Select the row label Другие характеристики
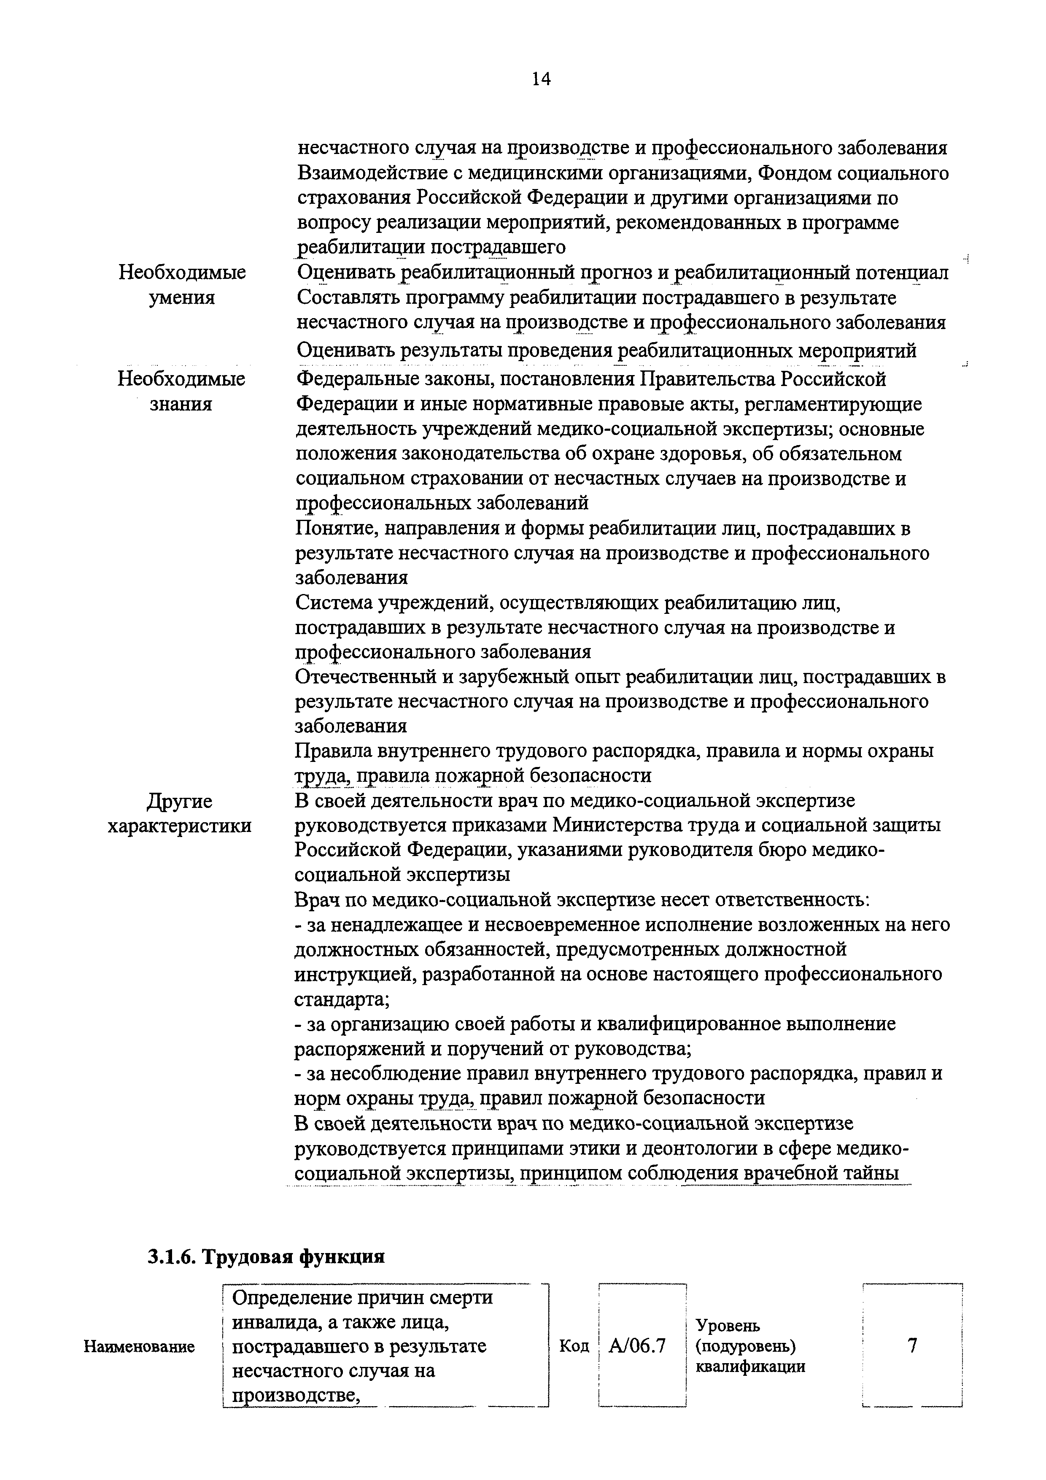179,813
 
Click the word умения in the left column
182,298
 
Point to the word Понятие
330,529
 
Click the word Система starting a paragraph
334,603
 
